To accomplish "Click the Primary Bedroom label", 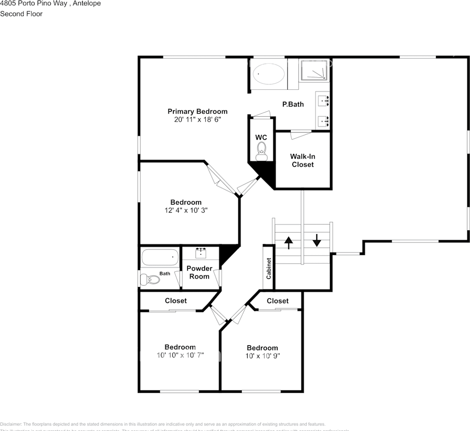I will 198,111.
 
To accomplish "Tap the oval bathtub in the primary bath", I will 269,73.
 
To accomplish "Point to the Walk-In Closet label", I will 303,160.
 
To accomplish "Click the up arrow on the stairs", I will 288,242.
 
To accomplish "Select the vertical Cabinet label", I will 268,268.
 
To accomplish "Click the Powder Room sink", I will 201,253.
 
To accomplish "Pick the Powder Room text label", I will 199,272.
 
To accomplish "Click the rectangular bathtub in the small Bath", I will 160,258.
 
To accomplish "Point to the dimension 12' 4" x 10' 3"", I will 186,210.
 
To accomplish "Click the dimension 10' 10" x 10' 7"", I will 180,355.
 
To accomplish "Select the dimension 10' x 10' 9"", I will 262,356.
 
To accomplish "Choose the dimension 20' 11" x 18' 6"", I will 198,120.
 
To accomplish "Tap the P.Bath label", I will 293,104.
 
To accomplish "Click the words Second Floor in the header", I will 21,14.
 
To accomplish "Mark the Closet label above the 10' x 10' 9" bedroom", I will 277,301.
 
